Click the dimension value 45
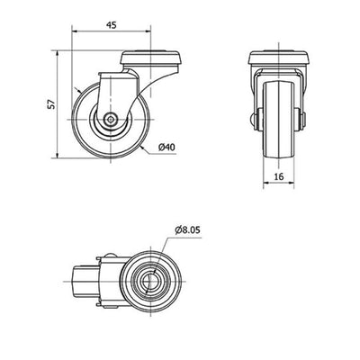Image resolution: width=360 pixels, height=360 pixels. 111,25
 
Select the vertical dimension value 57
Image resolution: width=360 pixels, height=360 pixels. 52,103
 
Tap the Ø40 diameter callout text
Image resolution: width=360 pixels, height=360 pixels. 167,147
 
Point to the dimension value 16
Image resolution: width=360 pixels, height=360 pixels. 279,176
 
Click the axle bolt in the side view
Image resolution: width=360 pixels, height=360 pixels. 111,119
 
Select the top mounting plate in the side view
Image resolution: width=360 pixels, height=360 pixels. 150,58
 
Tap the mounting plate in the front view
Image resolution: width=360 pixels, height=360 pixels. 279,58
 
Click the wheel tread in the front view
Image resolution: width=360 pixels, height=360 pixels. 279,119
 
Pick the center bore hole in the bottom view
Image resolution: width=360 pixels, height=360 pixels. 149,282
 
